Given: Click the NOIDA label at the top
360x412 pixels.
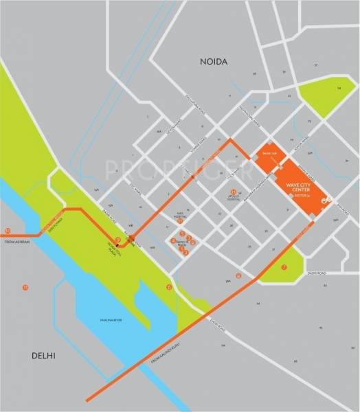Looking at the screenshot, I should (x=213, y=62).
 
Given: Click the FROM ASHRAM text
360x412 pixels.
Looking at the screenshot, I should (x=19, y=242).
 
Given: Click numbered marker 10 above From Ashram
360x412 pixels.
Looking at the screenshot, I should (x=8, y=231).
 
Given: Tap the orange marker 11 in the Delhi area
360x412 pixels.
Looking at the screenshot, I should (x=25, y=286).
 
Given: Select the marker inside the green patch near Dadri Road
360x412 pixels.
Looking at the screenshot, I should (x=284, y=267).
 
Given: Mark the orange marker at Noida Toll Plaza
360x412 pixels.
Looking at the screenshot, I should (x=117, y=240).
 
